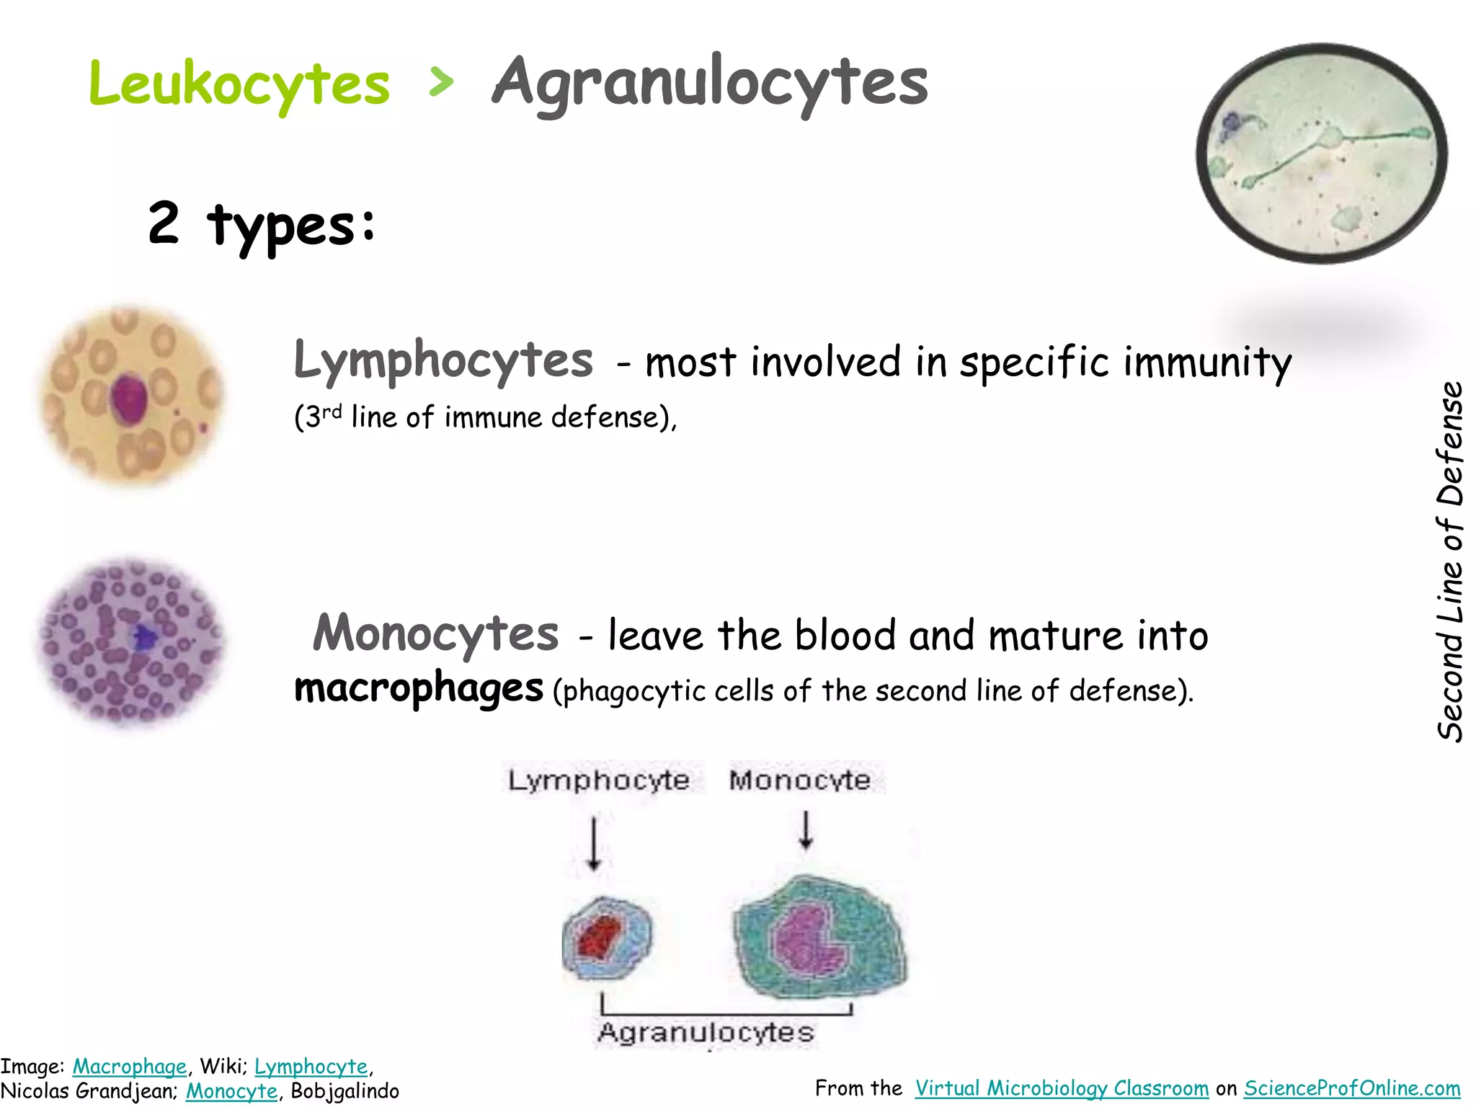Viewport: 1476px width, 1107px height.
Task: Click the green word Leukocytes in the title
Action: point(239,84)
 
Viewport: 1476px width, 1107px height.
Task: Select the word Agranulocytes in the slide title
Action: point(710,84)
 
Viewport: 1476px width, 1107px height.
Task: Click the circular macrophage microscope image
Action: point(1321,154)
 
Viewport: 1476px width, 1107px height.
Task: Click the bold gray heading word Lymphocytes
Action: point(443,360)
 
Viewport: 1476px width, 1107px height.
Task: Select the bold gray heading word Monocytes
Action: point(436,634)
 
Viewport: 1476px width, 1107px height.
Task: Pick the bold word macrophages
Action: point(419,688)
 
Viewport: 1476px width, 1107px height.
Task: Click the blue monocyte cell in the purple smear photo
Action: point(144,637)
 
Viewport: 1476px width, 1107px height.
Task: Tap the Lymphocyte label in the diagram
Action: point(599,781)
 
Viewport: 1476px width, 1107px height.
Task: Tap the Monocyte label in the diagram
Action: point(800,781)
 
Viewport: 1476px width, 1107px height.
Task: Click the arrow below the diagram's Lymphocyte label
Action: point(594,843)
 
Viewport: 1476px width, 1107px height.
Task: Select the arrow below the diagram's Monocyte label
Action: point(806,830)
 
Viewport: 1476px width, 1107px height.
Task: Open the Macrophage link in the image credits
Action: point(130,1067)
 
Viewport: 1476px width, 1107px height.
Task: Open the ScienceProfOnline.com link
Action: point(1352,1088)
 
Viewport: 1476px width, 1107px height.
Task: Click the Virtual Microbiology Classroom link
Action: point(1062,1088)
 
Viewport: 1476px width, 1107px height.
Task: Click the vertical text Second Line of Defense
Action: point(1450,562)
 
